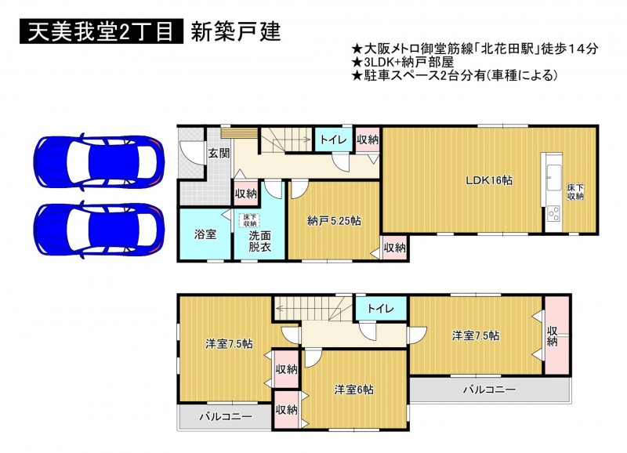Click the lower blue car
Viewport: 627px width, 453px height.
click(99, 230)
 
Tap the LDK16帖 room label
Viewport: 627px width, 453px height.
click(489, 180)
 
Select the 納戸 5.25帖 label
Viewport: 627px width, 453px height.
click(335, 221)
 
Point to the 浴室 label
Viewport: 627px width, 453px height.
click(205, 234)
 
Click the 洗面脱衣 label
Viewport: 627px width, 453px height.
click(260, 241)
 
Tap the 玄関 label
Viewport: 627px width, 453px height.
click(219, 153)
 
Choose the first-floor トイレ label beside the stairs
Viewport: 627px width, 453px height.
click(333, 140)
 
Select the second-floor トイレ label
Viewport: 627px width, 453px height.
click(381, 308)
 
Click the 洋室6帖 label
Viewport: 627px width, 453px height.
click(354, 389)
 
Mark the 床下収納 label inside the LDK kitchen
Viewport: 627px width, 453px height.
click(575, 192)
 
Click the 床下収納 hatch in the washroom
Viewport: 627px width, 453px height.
click(250, 221)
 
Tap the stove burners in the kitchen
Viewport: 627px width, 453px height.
click(554, 213)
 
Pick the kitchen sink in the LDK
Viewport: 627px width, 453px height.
click(553, 178)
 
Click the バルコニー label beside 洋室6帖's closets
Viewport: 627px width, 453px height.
click(226, 417)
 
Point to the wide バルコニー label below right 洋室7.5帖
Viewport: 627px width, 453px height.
click(489, 390)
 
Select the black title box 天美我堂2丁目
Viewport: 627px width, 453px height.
click(101, 31)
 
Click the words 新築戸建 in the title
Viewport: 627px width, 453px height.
click(236, 31)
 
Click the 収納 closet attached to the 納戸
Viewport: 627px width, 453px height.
click(394, 248)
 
